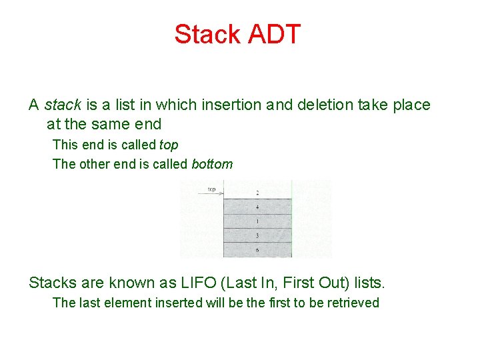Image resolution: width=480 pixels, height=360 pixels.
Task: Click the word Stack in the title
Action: click(x=206, y=34)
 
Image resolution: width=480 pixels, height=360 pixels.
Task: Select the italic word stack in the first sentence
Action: click(x=63, y=105)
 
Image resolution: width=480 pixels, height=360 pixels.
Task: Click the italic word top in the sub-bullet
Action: click(x=169, y=145)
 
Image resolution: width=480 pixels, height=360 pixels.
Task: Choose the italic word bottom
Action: click(x=212, y=164)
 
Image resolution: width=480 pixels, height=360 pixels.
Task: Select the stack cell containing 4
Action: click(x=257, y=207)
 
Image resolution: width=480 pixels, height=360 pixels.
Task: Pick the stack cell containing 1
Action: click(x=257, y=221)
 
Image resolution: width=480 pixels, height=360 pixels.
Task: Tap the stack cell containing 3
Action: click(x=257, y=235)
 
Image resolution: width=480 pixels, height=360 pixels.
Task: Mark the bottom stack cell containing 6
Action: click(x=257, y=250)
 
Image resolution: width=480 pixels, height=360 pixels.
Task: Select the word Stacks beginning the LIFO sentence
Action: click(x=52, y=283)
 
